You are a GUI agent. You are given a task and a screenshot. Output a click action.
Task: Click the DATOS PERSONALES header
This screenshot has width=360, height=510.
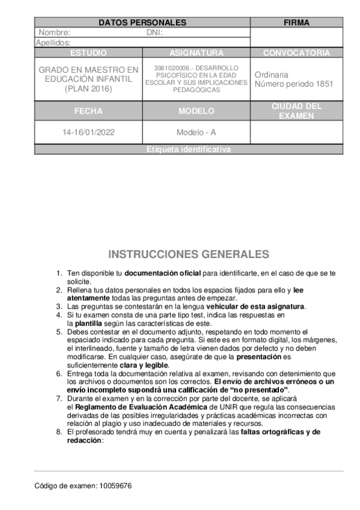[142, 23]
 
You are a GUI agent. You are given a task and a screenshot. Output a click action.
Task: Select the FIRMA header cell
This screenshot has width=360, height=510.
[296, 23]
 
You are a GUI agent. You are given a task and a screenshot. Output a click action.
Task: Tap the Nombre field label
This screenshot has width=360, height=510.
[54, 33]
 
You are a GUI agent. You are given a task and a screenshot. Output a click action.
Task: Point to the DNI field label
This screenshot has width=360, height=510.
[154, 33]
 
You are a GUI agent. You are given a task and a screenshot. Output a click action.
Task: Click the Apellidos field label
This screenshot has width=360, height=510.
[53, 43]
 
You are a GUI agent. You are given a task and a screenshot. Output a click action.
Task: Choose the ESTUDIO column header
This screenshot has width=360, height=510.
[88, 53]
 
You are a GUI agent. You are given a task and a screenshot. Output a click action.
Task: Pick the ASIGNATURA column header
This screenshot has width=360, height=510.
[197, 53]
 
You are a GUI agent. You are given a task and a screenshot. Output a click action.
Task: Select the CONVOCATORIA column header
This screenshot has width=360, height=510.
[296, 53]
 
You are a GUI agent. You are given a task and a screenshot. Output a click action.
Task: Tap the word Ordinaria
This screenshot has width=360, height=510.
[272, 75]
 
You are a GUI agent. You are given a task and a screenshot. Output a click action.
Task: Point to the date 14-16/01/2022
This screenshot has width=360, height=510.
[88, 132]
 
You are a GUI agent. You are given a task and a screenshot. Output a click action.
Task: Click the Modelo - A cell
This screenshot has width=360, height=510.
[197, 132]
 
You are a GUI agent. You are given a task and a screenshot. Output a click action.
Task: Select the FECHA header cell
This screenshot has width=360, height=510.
[88, 111]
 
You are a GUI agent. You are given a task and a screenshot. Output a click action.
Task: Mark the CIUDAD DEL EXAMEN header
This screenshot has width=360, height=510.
[296, 111]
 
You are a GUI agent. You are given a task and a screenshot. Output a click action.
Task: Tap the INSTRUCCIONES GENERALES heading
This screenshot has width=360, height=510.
[189, 254]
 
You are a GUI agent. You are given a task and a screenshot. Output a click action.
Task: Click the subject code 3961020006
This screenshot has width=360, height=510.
[171, 67]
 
